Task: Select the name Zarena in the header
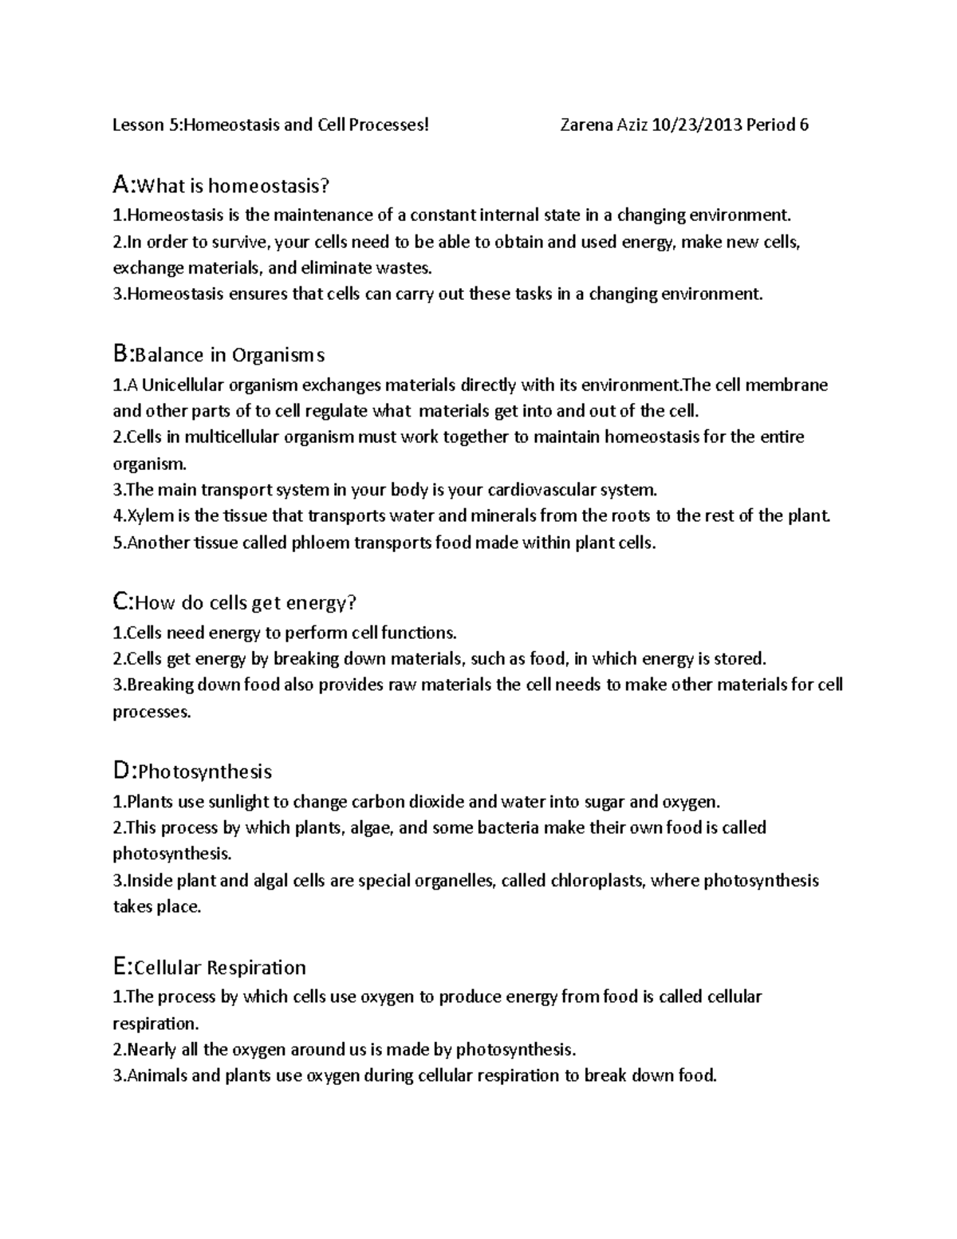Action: click(588, 124)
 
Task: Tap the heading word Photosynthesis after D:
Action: click(205, 771)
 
